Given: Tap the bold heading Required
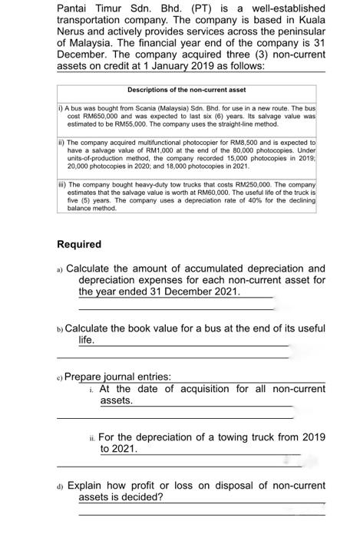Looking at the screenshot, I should (79, 245).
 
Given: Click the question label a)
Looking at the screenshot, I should (61, 269).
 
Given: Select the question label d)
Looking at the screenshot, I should (61, 486).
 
